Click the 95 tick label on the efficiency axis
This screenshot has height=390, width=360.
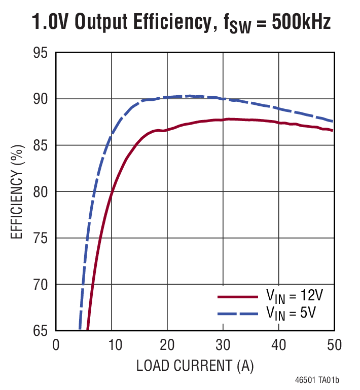coord(40,53)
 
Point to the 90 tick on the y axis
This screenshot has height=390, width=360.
coord(40,99)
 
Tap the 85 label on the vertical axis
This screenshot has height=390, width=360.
coord(40,145)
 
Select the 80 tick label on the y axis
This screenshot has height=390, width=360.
coord(40,192)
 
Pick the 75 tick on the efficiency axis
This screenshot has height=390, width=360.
coord(40,238)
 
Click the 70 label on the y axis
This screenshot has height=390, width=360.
coord(40,285)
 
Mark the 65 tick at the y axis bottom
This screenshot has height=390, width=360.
coord(40,331)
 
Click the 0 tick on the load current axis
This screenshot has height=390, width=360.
coord(56,345)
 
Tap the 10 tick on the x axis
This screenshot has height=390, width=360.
coord(112,345)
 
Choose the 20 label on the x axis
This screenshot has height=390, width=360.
coord(167,345)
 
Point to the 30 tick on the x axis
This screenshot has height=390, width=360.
coord(223,345)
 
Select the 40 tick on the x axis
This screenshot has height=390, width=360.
coord(278,345)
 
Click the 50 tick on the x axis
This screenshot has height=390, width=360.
coord(334,345)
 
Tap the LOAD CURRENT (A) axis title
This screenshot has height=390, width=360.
coord(195,365)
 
